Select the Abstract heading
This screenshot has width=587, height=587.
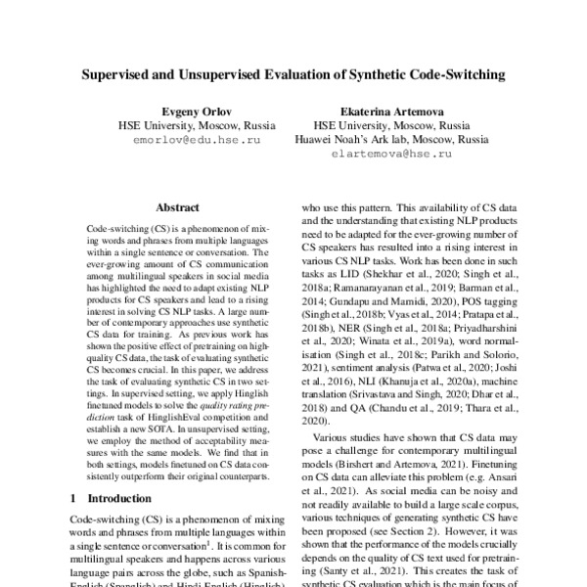click(177, 207)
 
